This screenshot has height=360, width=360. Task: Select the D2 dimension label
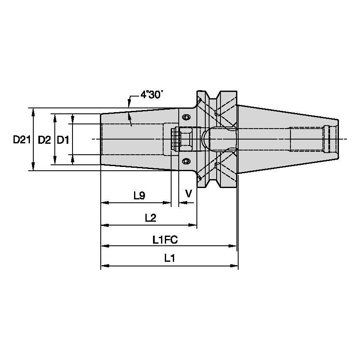click(x=44, y=140)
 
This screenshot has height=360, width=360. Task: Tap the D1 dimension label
click(x=63, y=140)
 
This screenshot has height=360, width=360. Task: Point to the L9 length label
click(x=140, y=195)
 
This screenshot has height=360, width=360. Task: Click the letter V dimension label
click(x=189, y=193)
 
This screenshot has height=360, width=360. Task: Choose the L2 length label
click(x=150, y=218)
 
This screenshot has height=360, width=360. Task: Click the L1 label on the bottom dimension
click(x=169, y=259)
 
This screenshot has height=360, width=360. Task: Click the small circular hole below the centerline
click(x=186, y=161)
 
